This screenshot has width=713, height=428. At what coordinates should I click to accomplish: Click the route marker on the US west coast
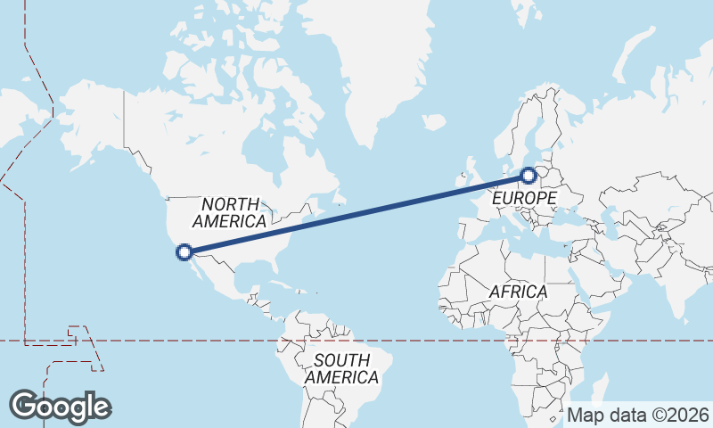(184, 251)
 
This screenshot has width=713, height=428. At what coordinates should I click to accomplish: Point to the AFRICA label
(518, 292)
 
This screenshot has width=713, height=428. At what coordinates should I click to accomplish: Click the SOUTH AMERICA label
(341, 369)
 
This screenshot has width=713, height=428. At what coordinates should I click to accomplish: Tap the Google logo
(61, 407)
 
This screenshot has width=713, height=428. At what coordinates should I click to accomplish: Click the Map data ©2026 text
(638, 415)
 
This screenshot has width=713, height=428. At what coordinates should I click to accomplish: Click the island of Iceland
(434, 121)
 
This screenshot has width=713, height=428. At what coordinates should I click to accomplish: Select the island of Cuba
(281, 284)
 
